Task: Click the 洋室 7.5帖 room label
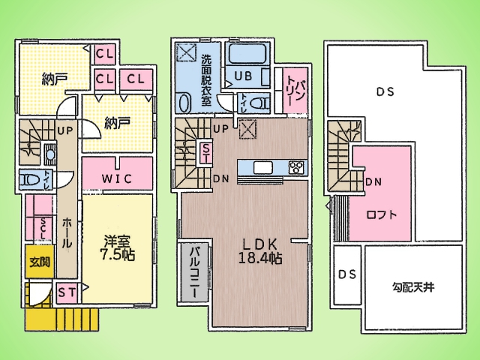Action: click(118, 248)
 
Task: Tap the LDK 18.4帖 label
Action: click(259, 250)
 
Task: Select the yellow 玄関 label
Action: click(39, 262)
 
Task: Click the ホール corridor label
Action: click(66, 231)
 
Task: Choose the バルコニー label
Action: click(191, 271)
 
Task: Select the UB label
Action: click(242, 76)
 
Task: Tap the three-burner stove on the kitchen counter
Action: click(295, 166)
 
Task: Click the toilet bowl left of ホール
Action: click(31, 180)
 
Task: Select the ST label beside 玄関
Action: click(65, 292)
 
